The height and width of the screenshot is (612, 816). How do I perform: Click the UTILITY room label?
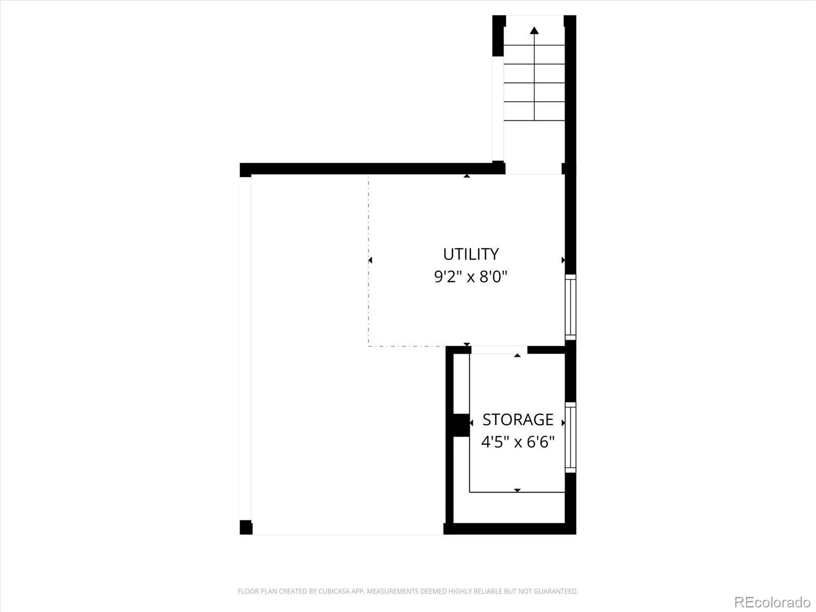coord(470,254)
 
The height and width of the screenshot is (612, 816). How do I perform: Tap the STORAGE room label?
coord(518,419)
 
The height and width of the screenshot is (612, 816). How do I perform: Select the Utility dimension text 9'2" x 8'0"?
coord(470,277)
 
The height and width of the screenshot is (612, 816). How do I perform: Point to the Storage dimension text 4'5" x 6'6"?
coord(518,441)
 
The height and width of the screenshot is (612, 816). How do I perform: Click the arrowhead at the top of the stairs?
coord(534,30)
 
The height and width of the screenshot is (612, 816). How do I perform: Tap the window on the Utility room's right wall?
coord(570,307)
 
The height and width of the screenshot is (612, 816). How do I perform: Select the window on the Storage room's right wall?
coord(570,437)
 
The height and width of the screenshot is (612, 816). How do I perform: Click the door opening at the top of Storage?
coord(499,350)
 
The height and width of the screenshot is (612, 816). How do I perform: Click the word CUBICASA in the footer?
coord(333,592)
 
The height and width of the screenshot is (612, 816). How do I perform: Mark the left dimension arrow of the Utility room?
coord(370,260)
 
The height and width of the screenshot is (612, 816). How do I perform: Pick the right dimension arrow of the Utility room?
coord(563,260)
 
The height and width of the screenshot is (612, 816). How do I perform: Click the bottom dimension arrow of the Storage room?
coord(517,490)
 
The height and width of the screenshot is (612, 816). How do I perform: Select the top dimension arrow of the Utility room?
coord(467,176)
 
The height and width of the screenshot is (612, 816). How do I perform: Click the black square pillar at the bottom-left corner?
coord(246,527)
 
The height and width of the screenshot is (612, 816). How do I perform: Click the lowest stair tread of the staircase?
coord(534,111)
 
